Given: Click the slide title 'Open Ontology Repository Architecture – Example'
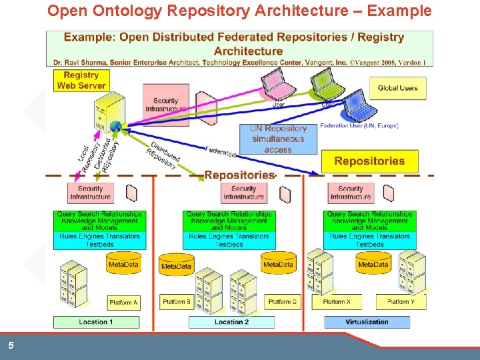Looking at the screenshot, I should [x=239, y=11].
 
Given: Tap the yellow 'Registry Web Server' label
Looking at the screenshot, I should [x=81, y=80].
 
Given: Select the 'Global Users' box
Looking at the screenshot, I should [x=397, y=88].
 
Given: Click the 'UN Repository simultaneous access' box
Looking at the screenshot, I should [x=278, y=139].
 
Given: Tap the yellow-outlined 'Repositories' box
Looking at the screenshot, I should [x=369, y=161].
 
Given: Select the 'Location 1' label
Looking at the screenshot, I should [x=96, y=322].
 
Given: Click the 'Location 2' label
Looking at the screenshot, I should [x=231, y=322].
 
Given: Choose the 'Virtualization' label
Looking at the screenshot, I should [x=367, y=322].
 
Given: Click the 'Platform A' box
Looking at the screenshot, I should [x=123, y=302].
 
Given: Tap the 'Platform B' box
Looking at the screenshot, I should [x=177, y=301].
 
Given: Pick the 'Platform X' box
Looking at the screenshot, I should [x=337, y=301].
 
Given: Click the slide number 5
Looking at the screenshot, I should [x=11, y=346].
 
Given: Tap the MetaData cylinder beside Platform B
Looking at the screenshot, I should [x=176, y=265].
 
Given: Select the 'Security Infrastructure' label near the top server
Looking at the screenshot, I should [x=165, y=105].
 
